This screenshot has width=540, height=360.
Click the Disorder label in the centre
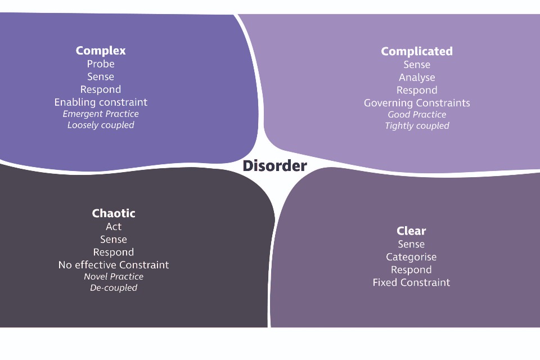tap(275, 166)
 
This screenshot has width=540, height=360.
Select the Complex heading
tap(101, 51)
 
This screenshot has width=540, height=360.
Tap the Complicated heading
tap(417, 51)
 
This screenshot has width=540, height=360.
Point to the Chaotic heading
tap(114, 213)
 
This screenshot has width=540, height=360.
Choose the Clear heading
tap(411, 231)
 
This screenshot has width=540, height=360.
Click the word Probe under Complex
tap(101, 64)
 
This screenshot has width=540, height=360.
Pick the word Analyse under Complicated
tap(417, 78)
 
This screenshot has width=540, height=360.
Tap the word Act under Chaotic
tap(114, 227)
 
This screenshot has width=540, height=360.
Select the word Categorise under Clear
tap(411, 257)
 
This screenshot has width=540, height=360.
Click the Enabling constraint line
tap(101, 102)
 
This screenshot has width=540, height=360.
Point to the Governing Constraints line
tap(417, 103)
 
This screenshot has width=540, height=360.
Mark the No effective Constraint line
tap(114, 265)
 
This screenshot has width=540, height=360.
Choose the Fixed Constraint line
tap(411, 282)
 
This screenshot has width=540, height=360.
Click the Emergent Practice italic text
tap(101, 114)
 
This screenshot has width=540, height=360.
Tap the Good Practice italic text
tap(417, 115)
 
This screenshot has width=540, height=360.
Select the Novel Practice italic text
tap(114, 277)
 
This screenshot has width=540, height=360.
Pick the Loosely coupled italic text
tap(101, 125)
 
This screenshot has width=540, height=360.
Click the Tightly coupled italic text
tap(417, 126)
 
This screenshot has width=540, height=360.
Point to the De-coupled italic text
tap(114, 288)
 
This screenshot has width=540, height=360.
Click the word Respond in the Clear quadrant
tap(411, 270)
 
